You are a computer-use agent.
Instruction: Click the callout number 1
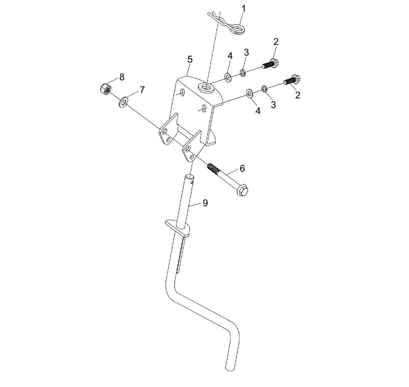(x=243, y=9)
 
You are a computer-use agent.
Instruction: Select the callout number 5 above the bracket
(x=190, y=59)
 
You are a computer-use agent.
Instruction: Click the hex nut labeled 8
(x=105, y=89)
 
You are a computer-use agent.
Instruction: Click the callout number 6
(x=242, y=169)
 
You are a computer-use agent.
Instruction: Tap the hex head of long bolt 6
(x=242, y=190)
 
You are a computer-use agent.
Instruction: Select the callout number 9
(x=205, y=203)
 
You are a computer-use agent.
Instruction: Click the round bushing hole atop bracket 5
(x=205, y=86)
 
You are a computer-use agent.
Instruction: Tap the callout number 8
(x=122, y=77)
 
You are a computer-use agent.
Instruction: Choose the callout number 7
(x=142, y=90)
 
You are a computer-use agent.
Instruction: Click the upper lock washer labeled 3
(x=243, y=72)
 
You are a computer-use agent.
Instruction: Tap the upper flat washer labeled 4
(x=228, y=77)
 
